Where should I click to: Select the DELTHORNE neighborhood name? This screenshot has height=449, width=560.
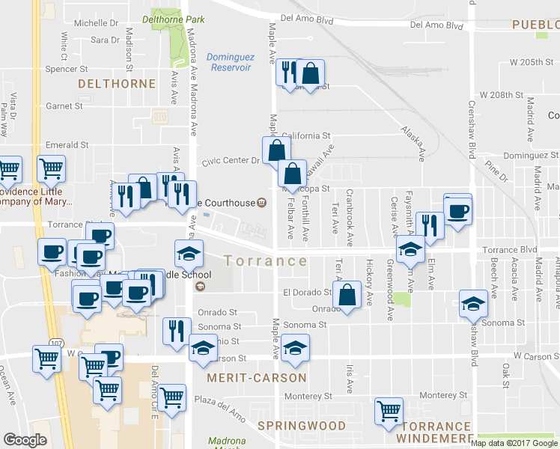116,84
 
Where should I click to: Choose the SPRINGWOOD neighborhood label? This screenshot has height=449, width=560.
302,426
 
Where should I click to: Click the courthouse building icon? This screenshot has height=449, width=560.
261,202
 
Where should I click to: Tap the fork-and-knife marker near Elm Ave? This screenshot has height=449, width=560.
430,224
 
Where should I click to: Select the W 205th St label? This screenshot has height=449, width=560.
531,62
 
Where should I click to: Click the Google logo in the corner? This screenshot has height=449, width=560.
25,440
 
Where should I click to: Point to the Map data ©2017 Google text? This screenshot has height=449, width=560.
515,443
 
